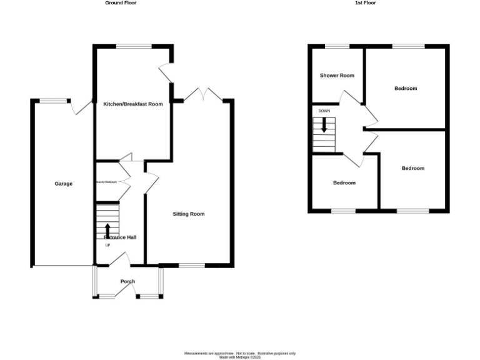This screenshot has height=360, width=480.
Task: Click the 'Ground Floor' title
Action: pyautogui.click(x=121, y=3)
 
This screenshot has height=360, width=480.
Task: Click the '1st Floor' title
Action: pyautogui.click(x=366, y=3)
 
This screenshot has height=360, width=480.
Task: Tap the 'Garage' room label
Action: pyautogui.click(x=63, y=184)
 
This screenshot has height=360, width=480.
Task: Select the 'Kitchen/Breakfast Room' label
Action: pyautogui.click(x=132, y=104)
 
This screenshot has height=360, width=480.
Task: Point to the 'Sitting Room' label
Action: pyautogui.click(x=189, y=214)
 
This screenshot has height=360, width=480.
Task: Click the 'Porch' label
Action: pyautogui.click(x=127, y=282)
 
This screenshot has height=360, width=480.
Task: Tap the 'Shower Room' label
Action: pyautogui.click(x=337, y=76)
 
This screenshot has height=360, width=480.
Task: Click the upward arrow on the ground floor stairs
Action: pyautogui.click(x=107, y=230)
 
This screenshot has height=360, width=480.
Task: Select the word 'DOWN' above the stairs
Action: pyautogui.click(x=324, y=111)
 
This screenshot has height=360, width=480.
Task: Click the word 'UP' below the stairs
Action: pyautogui.click(x=107, y=245)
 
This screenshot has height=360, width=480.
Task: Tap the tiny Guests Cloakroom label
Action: pyautogui.click(x=106, y=182)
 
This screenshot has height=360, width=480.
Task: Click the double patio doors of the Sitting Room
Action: pyautogui.click(x=205, y=94)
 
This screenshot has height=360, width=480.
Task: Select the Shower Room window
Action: pyautogui.click(x=337, y=46)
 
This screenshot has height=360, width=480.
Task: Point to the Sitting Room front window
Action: pyautogui.click(x=192, y=266)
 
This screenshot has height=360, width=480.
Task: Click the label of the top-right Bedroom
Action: pyautogui.click(x=406, y=89)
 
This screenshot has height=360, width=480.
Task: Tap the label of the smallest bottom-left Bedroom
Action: pyautogui.click(x=344, y=183)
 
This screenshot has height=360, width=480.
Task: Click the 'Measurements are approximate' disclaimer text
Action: pyautogui.click(x=239, y=353)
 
